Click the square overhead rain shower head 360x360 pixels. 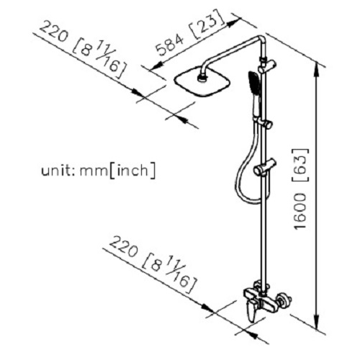point(202,83)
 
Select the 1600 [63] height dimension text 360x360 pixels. point(300,189)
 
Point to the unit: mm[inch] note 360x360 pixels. point(99,171)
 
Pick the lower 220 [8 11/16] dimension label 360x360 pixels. point(153,265)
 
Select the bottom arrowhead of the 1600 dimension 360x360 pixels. point(317,322)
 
